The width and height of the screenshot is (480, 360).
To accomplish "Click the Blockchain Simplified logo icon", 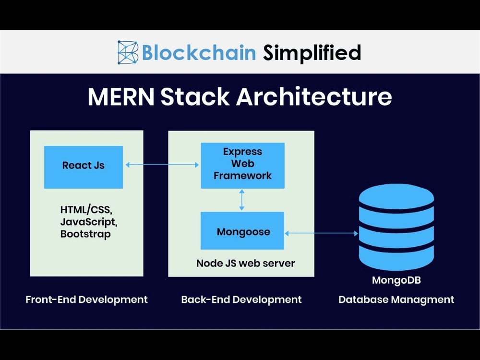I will (128, 52).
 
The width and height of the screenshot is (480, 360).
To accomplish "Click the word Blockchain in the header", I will (199, 52).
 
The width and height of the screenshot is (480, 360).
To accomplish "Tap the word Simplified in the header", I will (312, 52).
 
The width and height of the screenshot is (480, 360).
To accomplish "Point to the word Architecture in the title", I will (314, 97).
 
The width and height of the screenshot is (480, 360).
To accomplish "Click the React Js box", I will (84, 167).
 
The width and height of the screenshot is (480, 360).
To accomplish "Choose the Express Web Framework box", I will (242, 164).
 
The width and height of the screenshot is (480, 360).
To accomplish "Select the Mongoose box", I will (242, 232).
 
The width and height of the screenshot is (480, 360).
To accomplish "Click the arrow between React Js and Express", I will (162, 165).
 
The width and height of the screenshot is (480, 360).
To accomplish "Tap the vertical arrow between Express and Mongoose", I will (242, 200).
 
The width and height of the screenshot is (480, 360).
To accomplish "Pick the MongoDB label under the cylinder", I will (396, 280).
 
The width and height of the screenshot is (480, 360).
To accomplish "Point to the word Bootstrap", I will (85, 234).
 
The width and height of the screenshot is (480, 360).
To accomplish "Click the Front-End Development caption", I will (86, 300).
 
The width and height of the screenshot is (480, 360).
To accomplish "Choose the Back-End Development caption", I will (241, 300).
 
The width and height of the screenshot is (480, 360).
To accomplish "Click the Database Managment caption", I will (396, 300).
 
